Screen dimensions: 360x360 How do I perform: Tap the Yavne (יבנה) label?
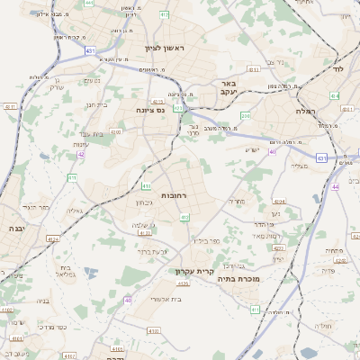[13, 229]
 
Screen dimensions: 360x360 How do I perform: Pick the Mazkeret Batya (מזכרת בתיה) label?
[238, 279]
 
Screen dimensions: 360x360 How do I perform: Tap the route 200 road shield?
[245, 116]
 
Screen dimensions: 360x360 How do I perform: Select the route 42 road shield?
[81, 154]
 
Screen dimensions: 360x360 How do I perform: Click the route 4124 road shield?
[53, 239]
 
